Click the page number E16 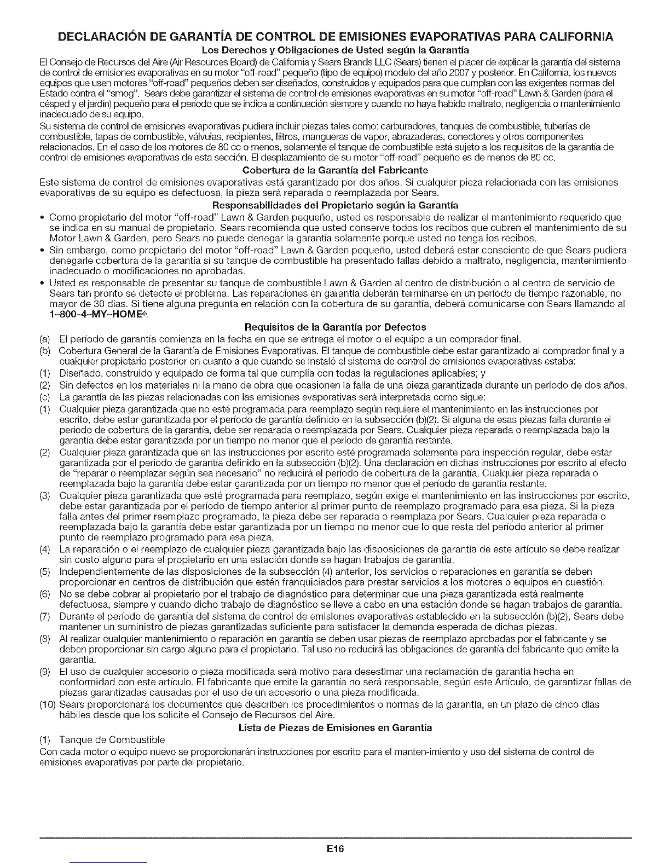tap(334, 849)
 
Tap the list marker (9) tap(46, 672)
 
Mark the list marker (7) tap(46, 617)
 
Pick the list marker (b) tap(46, 350)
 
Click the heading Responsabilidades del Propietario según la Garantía tap(334, 207)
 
